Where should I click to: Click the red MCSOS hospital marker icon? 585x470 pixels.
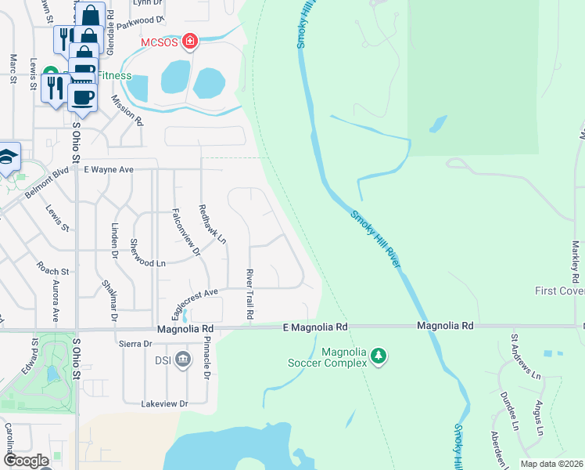point(189,41)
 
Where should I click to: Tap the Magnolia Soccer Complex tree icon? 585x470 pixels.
point(379,356)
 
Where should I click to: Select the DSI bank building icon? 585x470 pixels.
point(183,360)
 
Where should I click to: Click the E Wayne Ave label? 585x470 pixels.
point(109,169)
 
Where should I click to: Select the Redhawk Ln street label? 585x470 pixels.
point(212,223)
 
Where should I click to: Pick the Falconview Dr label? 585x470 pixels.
point(186,233)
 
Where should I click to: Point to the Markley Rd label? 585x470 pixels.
point(575,263)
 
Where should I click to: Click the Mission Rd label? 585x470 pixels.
point(127,110)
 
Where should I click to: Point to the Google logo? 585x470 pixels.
point(26,461)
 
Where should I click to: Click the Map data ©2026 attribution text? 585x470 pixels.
point(551,464)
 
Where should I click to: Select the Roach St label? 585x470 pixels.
point(54,271)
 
